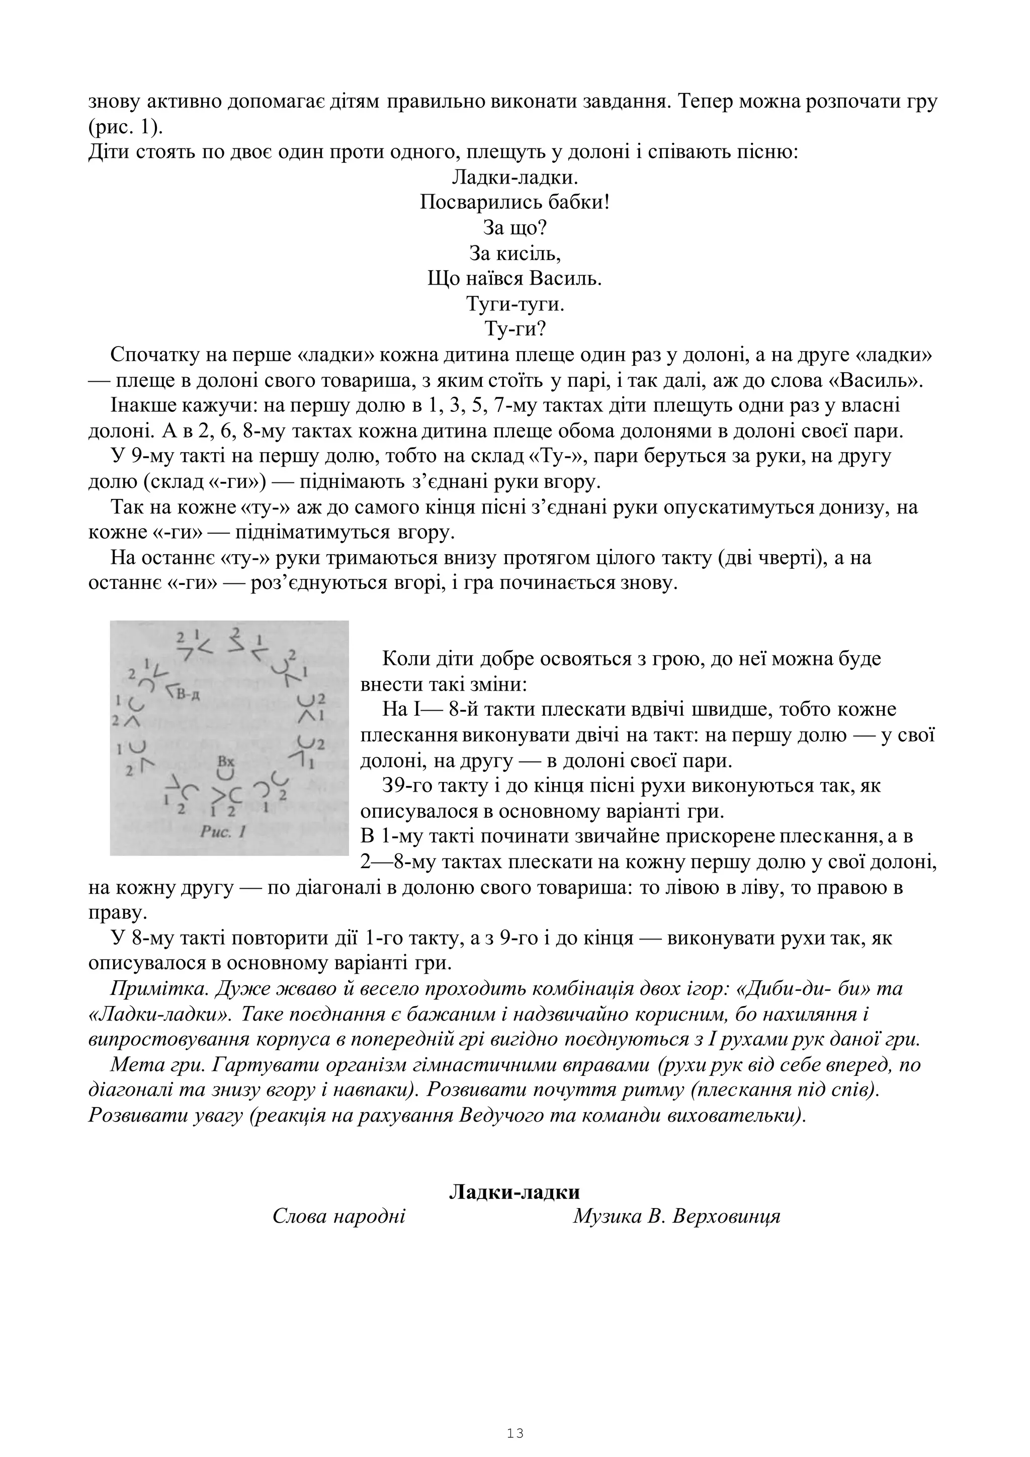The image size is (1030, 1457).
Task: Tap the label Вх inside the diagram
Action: (226, 761)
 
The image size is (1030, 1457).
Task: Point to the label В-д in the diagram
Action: (189, 694)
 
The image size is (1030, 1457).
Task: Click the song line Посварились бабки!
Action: (514, 203)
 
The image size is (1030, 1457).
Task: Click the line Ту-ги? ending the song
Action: (514, 329)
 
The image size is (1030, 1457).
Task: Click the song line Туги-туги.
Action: (514, 304)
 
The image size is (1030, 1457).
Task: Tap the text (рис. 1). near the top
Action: (126, 127)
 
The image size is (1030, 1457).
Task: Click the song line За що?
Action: (514, 228)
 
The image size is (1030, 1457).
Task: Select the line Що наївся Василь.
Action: (514, 279)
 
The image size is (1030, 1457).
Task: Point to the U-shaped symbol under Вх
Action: (225, 774)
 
